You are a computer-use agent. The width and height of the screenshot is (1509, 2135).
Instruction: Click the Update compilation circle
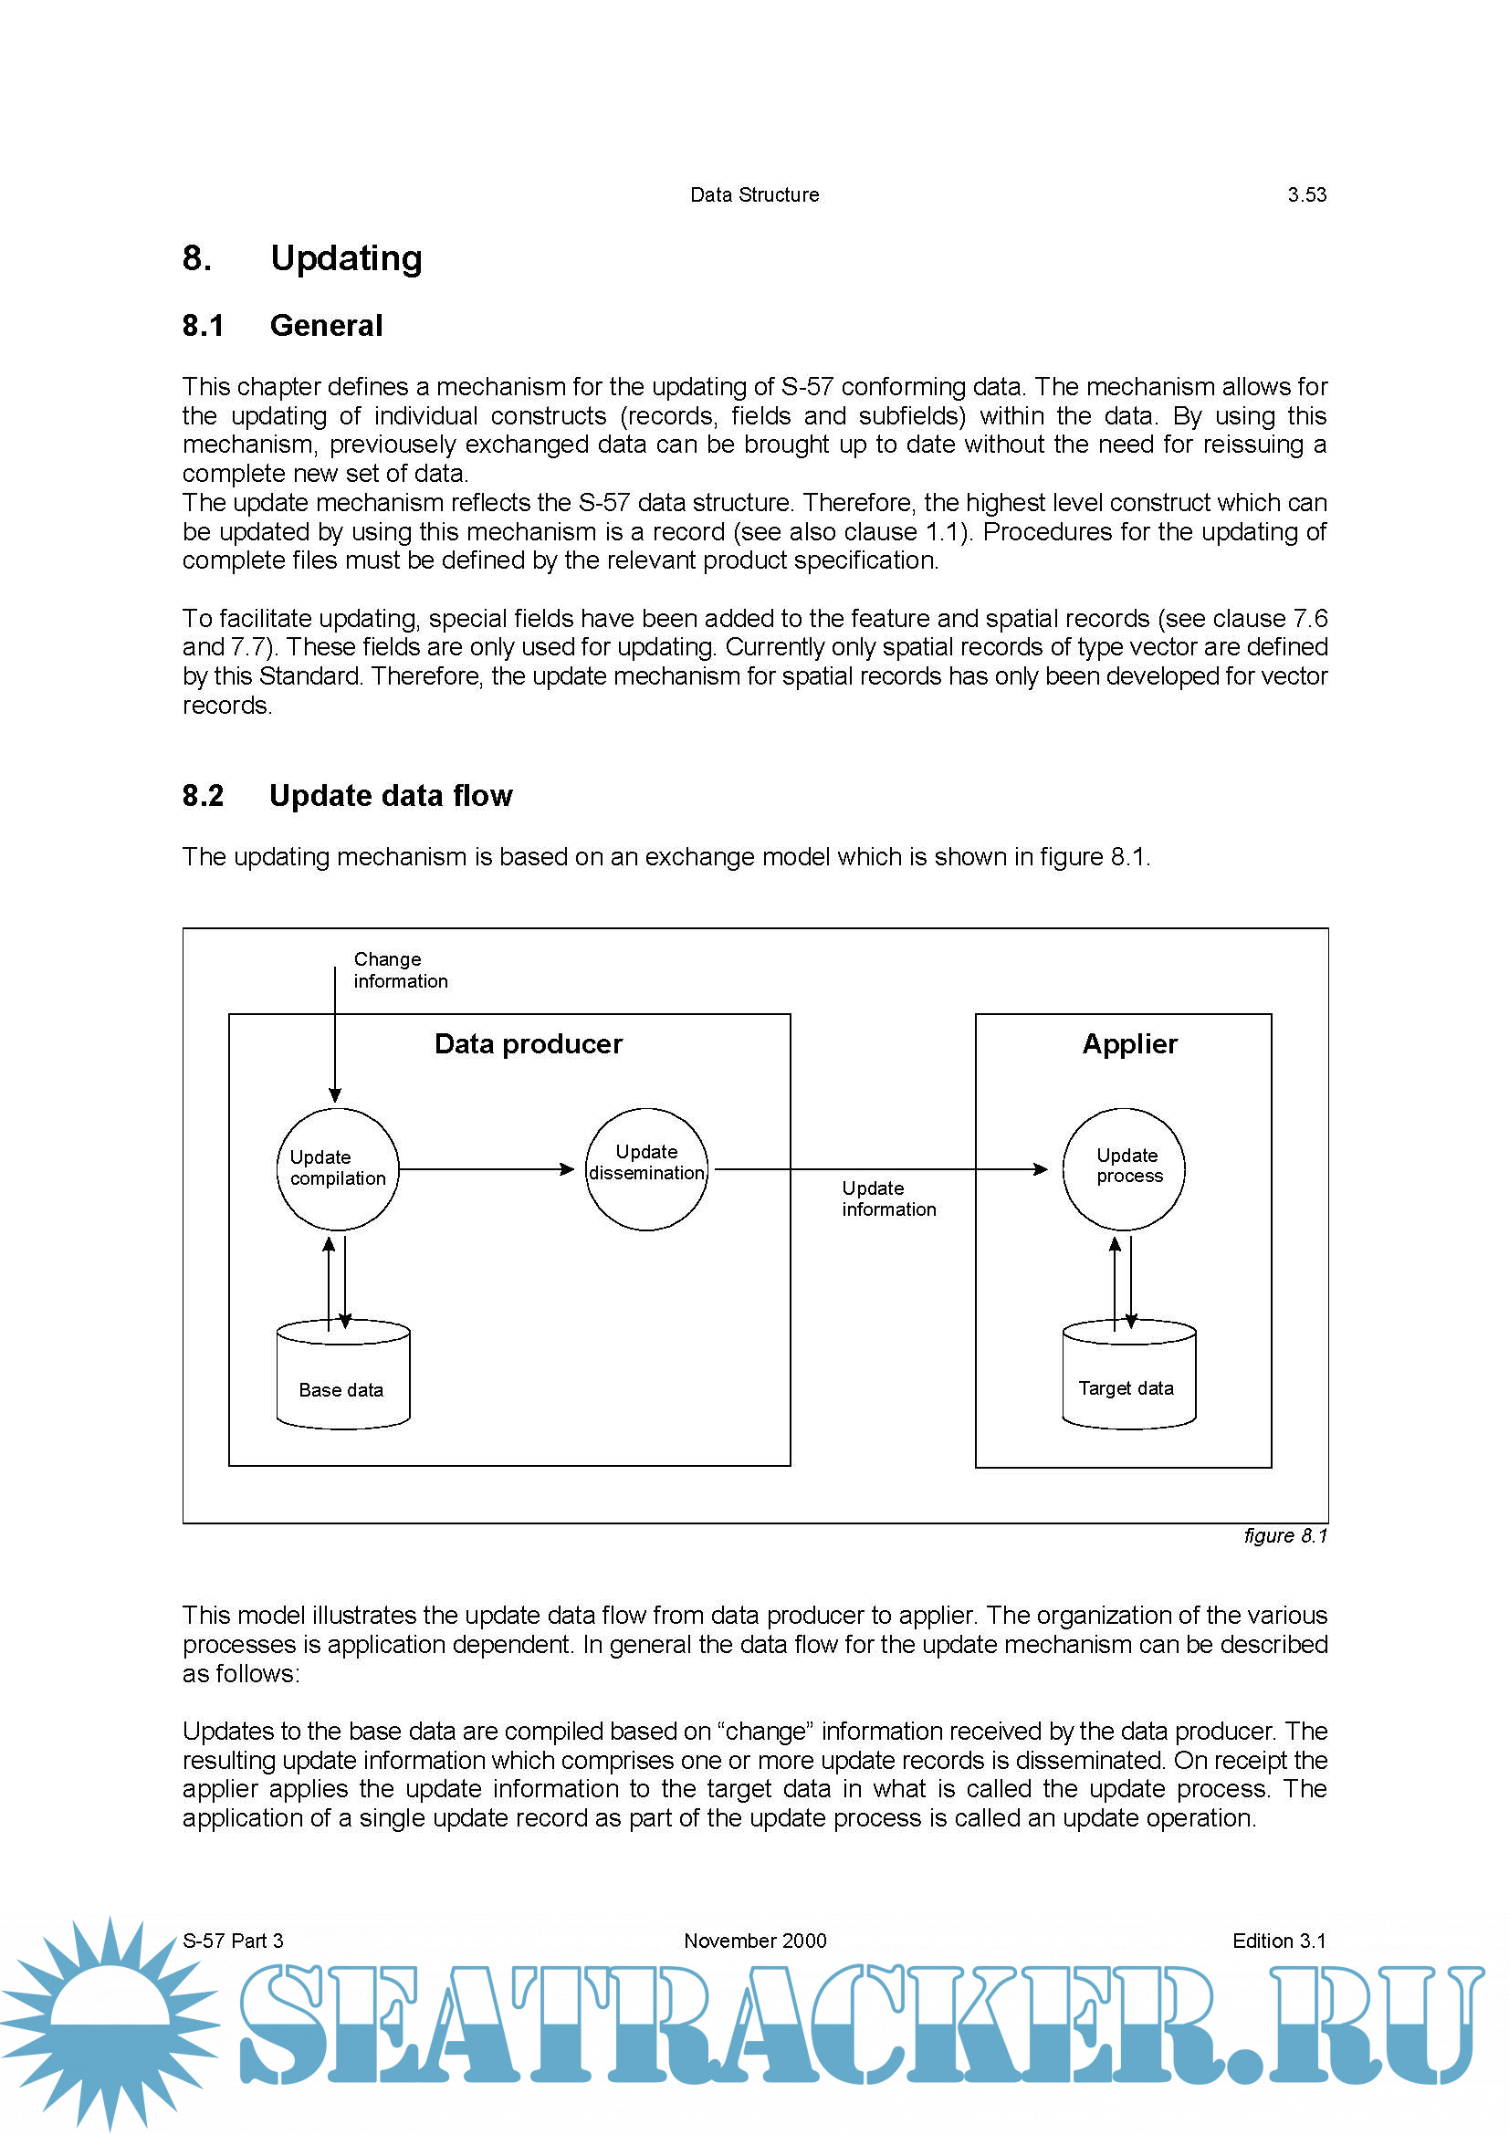click(x=338, y=1169)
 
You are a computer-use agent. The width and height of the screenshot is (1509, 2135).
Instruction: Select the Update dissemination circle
click(x=646, y=1169)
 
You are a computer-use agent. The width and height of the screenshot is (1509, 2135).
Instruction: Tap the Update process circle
click(x=1123, y=1169)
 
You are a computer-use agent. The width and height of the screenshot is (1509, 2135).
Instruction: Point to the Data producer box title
click(x=528, y=1044)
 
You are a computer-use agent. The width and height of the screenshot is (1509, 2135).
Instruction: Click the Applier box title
click(x=1129, y=1044)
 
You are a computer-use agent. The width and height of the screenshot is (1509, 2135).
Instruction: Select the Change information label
click(x=400, y=970)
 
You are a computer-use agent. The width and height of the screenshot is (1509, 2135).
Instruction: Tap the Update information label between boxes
click(x=888, y=1198)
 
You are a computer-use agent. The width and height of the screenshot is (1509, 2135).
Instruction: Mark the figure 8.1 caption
click(x=1285, y=1536)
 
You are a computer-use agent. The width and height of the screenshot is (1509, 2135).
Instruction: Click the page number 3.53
click(x=1306, y=195)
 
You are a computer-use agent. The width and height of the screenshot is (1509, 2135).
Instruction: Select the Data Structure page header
click(x=754, y=195)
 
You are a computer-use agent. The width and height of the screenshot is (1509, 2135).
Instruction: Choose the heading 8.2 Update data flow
click(x=347, y=796)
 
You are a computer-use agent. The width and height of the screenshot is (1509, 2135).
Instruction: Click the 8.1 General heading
click(x=283, y=326)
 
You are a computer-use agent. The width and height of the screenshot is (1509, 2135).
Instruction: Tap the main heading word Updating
click(x=346, y=258)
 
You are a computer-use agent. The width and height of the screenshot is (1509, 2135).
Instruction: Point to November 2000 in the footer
click(x=755, y=1941)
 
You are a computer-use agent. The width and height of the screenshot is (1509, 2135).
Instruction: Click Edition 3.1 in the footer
click(x=1278, y=1941)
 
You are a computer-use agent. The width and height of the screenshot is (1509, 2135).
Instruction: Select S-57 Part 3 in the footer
click(x=233, y=1941)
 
